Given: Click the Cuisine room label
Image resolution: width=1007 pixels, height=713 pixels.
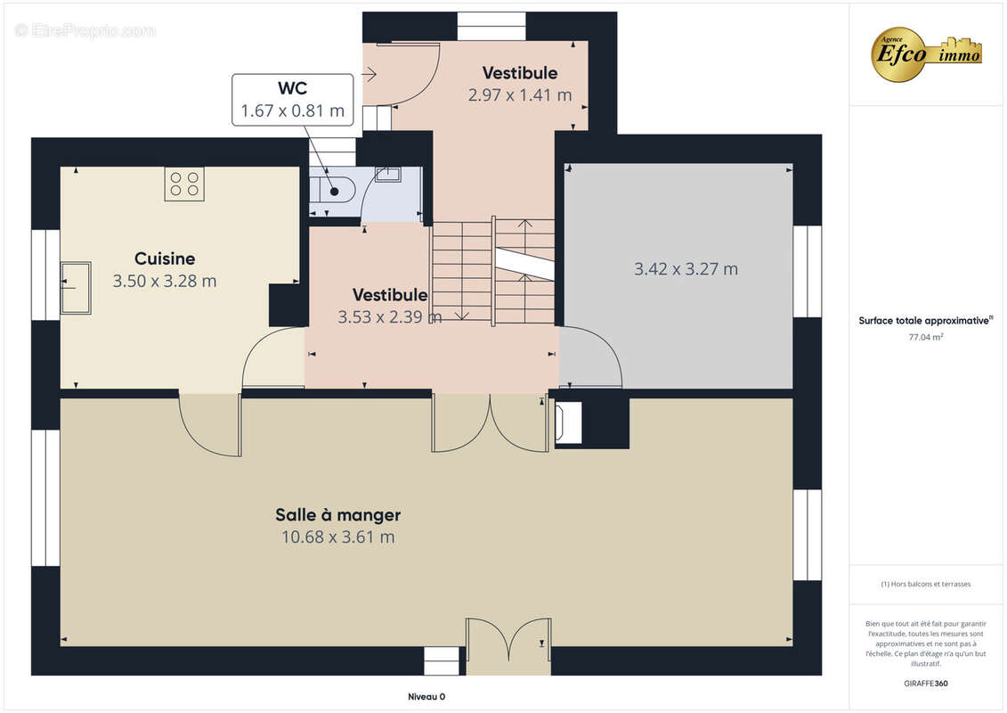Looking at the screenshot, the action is coord(165,258).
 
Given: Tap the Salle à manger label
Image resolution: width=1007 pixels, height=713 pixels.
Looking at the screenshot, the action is coord(337,514).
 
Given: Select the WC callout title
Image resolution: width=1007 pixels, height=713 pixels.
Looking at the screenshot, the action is coord(292,88).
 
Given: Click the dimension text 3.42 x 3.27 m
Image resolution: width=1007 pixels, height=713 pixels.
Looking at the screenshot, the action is coord(686,269).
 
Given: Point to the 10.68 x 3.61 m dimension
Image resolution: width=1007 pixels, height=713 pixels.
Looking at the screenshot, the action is coord(337,537).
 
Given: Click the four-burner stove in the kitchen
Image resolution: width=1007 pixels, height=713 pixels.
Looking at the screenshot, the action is coord(184,184).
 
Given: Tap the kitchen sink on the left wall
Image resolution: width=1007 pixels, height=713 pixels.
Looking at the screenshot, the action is coord(76,287).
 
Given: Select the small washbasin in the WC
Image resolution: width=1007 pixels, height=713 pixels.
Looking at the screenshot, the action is coord(388,174).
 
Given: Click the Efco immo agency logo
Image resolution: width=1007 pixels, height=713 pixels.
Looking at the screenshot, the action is coord(925,54).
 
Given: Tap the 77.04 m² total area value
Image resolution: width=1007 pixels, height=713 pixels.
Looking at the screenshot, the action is coord(925,337).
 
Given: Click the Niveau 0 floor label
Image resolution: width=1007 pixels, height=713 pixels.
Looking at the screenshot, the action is coord(426,696).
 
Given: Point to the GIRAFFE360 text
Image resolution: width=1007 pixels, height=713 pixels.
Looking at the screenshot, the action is coord(925,684).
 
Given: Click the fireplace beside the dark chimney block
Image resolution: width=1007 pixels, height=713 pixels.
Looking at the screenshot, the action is coord(568,422).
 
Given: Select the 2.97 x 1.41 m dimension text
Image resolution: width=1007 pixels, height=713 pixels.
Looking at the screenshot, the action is coord(520,95).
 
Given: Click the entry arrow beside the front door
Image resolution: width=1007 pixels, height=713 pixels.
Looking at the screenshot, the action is coord(370,75).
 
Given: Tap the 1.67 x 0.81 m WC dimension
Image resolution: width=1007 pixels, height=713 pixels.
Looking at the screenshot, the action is coord(292,111).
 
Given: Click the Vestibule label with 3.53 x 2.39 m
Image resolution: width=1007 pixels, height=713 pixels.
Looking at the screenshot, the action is coord(390,294).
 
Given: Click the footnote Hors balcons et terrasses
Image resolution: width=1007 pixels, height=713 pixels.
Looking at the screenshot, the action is coord(925,584).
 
